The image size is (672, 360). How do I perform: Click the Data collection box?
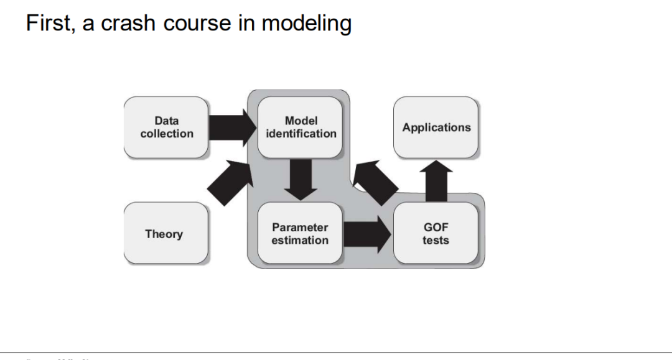166,127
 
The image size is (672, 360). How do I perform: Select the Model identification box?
301,127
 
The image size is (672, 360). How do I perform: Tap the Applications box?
436,127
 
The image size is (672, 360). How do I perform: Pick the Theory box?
165,234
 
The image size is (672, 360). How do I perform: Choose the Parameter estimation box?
300,234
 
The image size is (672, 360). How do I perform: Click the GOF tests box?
436,234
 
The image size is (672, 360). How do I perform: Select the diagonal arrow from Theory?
228,182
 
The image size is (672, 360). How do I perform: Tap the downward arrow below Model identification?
300,179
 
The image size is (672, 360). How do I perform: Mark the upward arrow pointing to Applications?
436,180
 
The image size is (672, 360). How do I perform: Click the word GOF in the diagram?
436,228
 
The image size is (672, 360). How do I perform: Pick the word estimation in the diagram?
300,241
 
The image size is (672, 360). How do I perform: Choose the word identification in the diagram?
301,134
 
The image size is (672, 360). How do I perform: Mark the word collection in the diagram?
167,134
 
